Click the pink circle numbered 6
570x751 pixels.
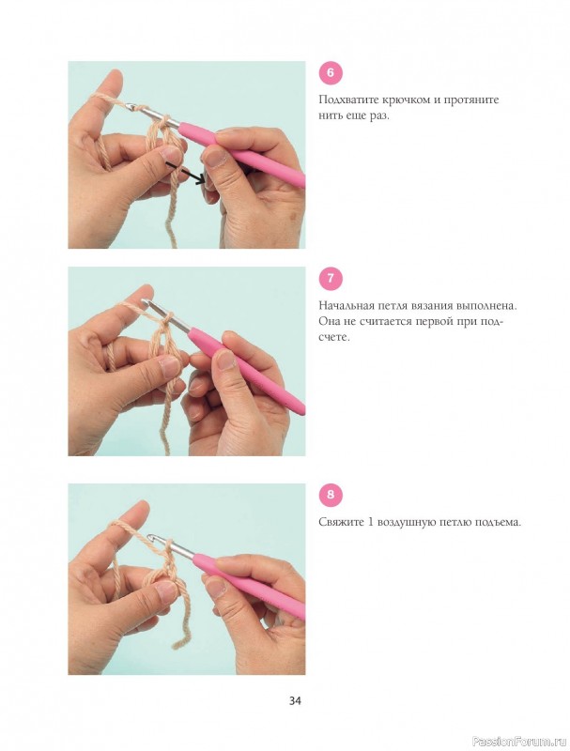(331, 73)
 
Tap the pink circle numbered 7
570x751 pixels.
(331, 279)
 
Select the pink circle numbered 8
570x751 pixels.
(331, 494)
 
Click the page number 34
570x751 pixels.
(295, 700)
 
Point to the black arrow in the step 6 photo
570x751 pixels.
(186, 174)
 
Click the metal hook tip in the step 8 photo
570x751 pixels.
(151, 538)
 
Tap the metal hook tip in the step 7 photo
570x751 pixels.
(144, 300)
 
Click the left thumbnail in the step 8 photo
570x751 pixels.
(167, 591)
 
